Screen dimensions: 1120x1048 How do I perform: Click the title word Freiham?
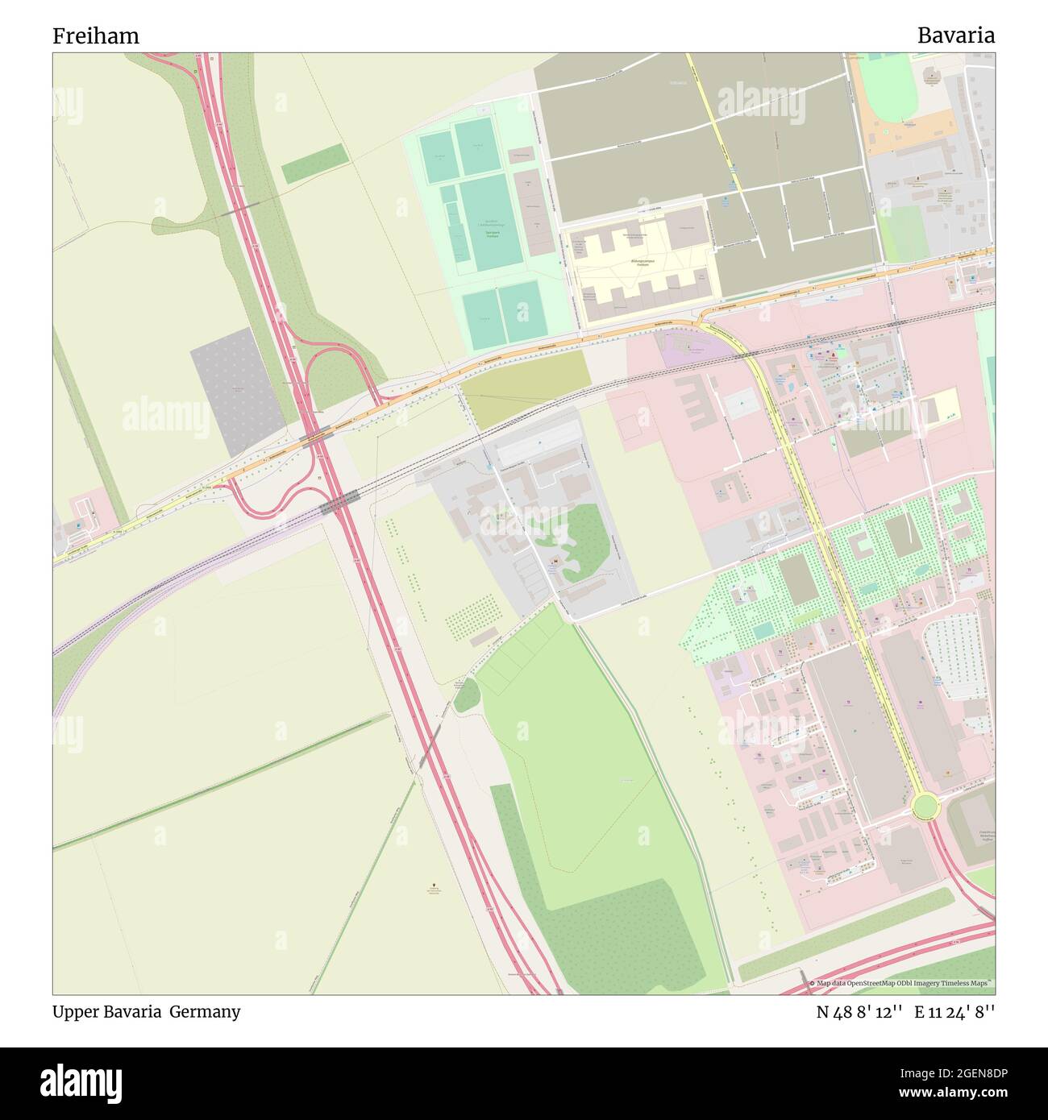pos(96,36)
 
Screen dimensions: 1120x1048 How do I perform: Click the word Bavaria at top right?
pos(955,35)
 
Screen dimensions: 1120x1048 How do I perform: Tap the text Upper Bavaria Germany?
pos(147,1012)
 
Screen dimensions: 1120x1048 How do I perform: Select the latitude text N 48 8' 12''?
pos(859,1012)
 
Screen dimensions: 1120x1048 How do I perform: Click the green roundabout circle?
pos(925,805)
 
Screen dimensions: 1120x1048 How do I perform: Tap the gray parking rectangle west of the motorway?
pos(235,391)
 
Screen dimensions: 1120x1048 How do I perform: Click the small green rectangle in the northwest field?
pos(314,164)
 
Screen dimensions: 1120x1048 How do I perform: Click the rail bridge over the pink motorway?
pos(339,503)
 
